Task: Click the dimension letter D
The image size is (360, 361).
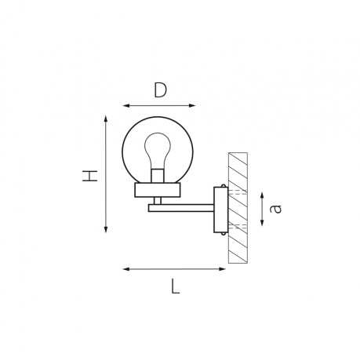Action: [160, 90]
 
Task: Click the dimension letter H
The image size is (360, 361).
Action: [90, 176]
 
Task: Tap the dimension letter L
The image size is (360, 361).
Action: [176, 286]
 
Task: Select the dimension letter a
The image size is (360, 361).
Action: [275, 209]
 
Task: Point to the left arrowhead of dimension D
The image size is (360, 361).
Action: [126, 106]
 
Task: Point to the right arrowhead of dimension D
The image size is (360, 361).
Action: [192, 106]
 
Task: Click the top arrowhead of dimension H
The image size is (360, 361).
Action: [106, 119]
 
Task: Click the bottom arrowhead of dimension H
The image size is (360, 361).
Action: [106, 229]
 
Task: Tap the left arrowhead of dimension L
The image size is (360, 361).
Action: [126, 269]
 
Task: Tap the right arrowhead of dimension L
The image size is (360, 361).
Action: [222, 269]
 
